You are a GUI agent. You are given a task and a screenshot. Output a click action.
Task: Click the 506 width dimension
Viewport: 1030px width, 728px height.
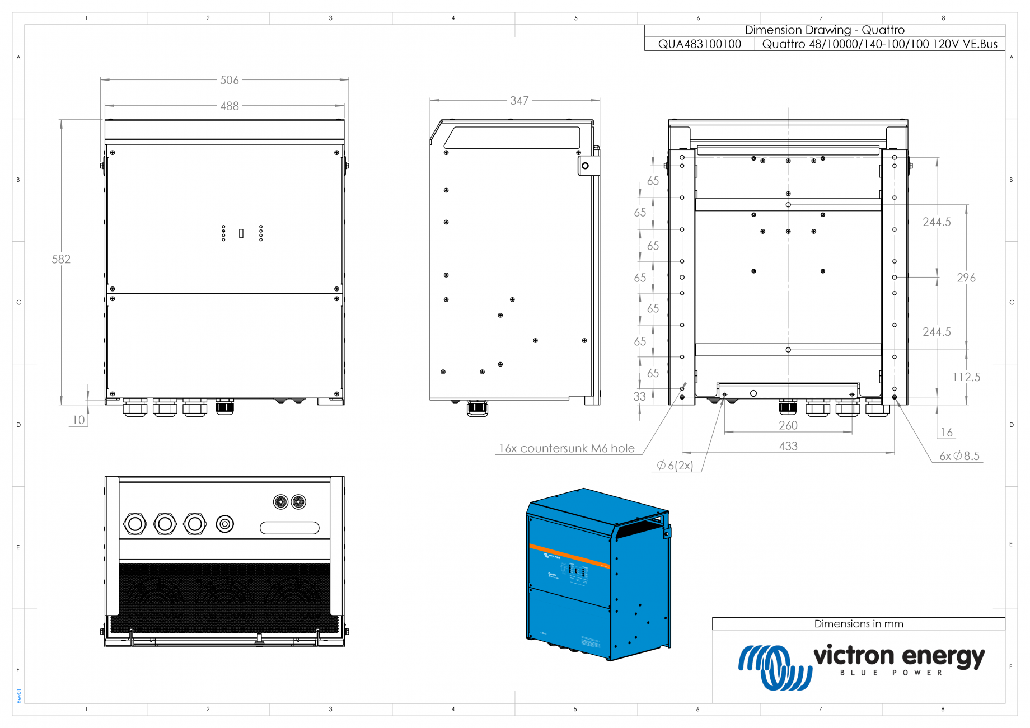230,80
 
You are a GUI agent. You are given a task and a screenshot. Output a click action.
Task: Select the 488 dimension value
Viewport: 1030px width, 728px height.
230,106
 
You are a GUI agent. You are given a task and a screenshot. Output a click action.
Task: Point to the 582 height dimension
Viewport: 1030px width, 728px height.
61,259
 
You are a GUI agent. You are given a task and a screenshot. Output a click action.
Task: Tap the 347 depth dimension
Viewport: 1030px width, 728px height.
519,101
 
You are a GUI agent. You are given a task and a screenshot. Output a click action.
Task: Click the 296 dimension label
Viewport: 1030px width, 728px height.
966,278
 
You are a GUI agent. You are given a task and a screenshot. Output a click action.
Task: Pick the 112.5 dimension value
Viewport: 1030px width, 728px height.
966,377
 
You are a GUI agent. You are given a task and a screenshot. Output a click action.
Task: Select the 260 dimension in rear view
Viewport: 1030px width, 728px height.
788,425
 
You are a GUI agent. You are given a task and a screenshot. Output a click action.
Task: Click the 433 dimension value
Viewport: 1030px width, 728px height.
788,446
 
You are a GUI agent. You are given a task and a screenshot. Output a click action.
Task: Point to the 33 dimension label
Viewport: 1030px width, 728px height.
640,397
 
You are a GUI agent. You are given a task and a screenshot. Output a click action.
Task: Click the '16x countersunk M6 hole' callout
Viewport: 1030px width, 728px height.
566,448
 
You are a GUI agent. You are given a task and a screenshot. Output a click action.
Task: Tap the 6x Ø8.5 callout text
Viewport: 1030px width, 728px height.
959,456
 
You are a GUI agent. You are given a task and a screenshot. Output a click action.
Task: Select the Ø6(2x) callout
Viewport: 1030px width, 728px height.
675,466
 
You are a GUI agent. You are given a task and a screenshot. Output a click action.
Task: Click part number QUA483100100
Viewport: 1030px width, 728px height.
700,44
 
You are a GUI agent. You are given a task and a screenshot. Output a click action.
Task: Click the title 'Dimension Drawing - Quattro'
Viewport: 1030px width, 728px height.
825,30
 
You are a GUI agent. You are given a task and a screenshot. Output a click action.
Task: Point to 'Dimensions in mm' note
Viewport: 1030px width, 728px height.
859,624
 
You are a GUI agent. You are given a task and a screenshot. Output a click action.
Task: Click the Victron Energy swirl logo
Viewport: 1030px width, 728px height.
775,667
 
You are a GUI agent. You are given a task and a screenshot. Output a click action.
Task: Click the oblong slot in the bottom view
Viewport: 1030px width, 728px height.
289,528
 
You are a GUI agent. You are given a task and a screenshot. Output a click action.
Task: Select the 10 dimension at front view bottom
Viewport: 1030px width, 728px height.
79,420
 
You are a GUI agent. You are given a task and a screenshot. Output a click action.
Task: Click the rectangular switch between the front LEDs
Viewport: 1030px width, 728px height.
241,233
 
